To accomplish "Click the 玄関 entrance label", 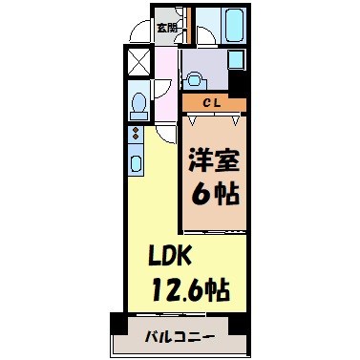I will [x=166, y=27].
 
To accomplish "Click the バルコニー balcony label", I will [x=179, y=335].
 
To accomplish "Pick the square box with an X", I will [x=138, y=62].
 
